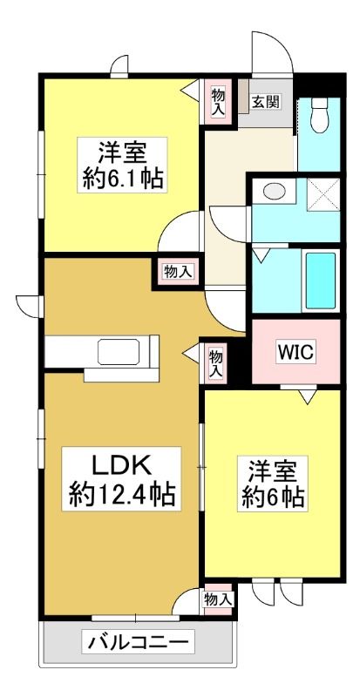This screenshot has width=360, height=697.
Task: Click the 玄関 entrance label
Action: point(266,102)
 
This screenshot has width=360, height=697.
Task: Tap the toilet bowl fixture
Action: point(319,115)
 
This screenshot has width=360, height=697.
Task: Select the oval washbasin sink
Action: point(274,192)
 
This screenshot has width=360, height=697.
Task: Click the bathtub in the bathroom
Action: point(321,280)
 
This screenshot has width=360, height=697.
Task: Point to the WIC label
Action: point(296,352)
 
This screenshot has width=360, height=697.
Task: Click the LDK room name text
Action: point(121,466)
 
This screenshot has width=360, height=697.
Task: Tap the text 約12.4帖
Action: point(121,494)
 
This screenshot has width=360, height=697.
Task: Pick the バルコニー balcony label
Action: point(139,642)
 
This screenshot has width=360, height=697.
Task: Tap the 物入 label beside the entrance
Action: point(217,102)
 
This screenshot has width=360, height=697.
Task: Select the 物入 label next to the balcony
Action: point(218,600)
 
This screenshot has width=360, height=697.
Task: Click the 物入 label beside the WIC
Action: point(215,363)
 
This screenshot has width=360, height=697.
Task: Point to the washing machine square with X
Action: point(323,193)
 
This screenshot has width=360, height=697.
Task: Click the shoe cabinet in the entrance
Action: point(243,96)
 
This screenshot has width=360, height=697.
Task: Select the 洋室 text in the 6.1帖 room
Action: point(122,152)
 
